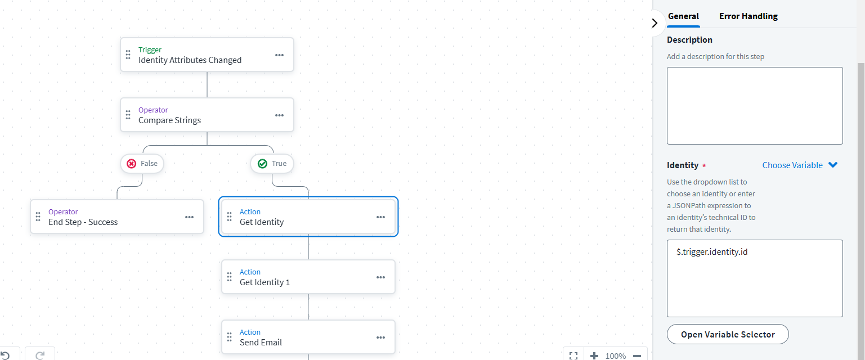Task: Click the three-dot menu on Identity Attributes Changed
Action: point(279,55)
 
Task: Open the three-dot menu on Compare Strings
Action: point(279,115)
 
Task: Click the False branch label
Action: point(142,164)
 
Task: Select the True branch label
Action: point(272,164)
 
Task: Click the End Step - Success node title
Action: point(83,222)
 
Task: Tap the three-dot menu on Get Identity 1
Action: point(380,277)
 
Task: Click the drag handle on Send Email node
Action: point(229,337)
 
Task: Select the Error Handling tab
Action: point(748,16)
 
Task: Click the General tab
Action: point(683,16)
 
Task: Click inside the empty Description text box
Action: point(754,106)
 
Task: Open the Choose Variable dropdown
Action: point(800,165)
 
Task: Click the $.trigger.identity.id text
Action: point(712,252)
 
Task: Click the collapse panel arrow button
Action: point(654,23)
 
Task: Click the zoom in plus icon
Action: point(594,355)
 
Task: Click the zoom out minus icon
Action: point(637,355)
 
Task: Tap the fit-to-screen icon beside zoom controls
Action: point(573,355)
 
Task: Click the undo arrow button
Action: point(5,355)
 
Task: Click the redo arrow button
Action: point(40,355)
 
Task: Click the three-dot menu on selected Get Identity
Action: point(380,217)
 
